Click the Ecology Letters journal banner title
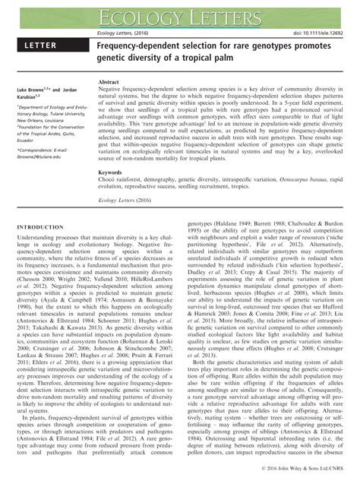tap(179, 16)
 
